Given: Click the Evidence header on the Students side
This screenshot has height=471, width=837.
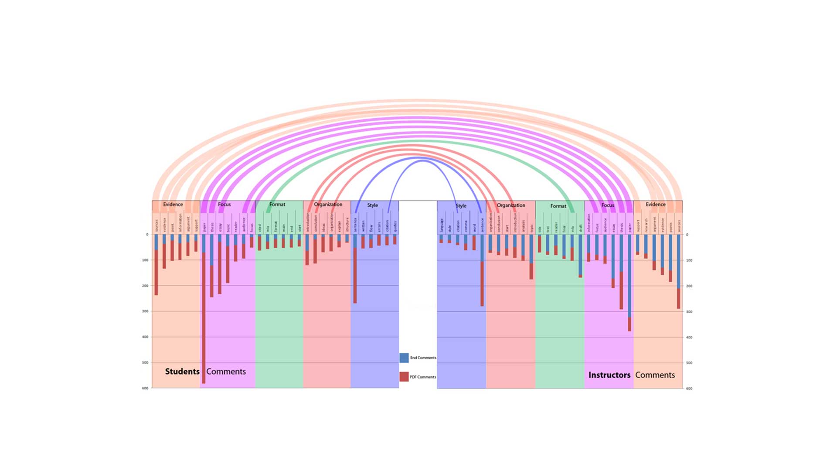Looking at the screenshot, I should (x=173, y=205).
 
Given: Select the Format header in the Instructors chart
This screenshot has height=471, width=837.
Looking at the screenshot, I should (x=558, y=206).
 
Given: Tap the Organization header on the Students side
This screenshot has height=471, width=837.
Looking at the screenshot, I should (x=328, y=205).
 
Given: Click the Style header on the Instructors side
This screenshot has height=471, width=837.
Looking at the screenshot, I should (x=461, y=206).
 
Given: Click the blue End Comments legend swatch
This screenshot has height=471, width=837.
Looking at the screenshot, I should (x=404, y=358).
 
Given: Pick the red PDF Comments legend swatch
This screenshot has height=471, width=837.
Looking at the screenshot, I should (x=404, y=377).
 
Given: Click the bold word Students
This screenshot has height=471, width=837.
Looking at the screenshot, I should (x=182, y=372).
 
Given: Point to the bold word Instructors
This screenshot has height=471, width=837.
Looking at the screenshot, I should (x=609, y=375).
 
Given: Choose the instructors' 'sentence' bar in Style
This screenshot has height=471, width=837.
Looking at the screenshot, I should (x=482, y=270).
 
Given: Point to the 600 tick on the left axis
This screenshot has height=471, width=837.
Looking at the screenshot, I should (x=145, y=388).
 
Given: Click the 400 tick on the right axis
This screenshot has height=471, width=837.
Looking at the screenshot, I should (x=689, y=338).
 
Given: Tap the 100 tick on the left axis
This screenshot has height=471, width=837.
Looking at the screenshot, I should (x=145, y=260).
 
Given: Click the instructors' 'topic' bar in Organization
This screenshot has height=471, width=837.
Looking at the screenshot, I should (x=531, y=257).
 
